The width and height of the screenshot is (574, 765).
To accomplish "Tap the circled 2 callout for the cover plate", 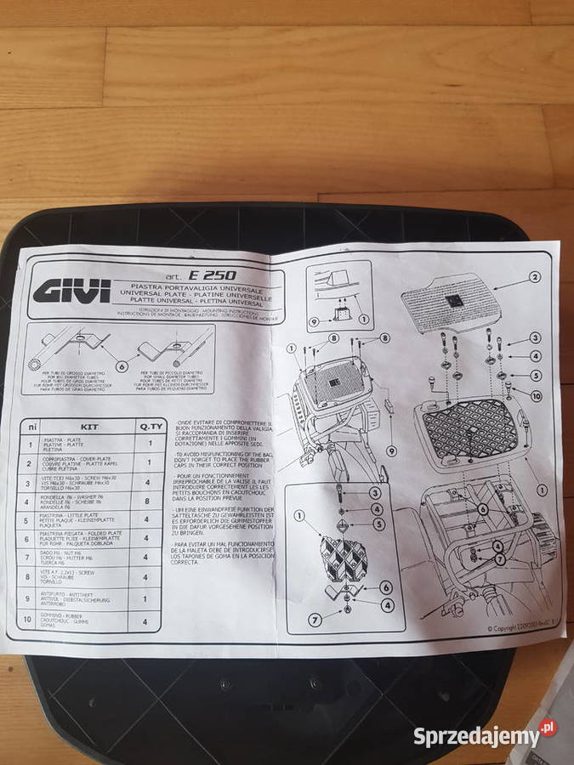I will (535, 276).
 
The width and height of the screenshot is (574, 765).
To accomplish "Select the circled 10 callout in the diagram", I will (535, 395).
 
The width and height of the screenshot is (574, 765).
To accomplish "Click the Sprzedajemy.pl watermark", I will (484, 736).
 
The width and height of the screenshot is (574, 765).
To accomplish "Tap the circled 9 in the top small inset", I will (313, 321).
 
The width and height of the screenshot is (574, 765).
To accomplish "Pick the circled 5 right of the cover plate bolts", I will (535, 376).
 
